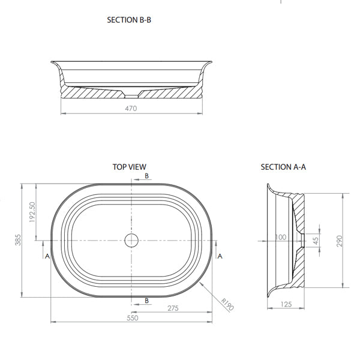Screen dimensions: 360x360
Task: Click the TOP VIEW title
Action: [x=129, y=167]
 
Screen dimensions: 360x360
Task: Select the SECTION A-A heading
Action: [x=283, y=167]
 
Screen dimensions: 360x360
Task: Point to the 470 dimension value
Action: [x=131, y=109]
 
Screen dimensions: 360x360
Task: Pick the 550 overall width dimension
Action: [x=132, y=318]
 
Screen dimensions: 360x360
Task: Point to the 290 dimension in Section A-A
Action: [x=340, y=241]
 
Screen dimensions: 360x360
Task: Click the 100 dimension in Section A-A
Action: [x=280, y=238]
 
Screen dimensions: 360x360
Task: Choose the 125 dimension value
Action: [x=286, y=304]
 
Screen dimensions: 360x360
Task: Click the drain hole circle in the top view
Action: [x=132, y=241]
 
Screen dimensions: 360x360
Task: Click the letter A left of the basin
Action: [x=47, y=256]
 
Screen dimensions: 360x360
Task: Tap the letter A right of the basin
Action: [x=220, y=256]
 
